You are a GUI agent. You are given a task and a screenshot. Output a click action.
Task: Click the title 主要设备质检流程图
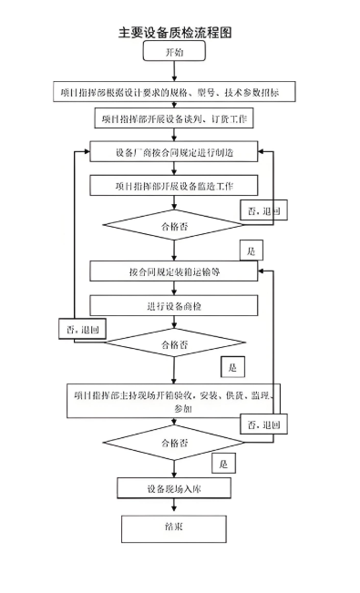[174, 32]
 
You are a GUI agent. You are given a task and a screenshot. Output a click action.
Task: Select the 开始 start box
[174, 54]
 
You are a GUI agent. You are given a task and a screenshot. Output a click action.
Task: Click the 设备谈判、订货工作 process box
[174, 119]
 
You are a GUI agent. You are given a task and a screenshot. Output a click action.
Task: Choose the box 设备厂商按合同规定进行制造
[174, 152]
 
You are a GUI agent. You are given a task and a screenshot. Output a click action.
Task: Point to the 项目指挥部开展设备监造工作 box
[174, 186]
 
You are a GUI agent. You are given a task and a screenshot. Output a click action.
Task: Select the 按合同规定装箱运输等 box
[174, 272]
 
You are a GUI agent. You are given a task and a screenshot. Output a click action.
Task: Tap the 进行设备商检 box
[174, 305]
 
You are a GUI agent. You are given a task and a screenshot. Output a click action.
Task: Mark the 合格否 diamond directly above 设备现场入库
[174, 443]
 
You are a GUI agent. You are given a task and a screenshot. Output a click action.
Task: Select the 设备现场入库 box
[174, 489]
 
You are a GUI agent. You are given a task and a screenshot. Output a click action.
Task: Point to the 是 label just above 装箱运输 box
[252, 250]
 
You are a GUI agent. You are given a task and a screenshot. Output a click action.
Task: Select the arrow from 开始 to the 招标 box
[174, 72]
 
